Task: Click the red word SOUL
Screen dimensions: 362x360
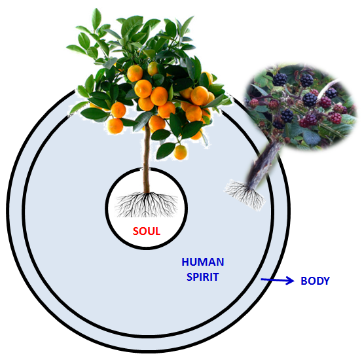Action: (147, 231)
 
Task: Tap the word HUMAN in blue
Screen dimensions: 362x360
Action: (203, 262)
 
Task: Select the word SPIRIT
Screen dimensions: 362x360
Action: (203, 277)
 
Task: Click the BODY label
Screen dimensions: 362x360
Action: (315, 281)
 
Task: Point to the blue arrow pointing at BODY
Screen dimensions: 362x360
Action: (278, 280)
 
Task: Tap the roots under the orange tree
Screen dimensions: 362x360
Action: (147, 205)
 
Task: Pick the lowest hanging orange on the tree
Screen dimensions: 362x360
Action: (180, 152)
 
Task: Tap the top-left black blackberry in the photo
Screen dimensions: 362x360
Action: (280, 79)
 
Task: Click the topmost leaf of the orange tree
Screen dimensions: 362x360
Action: (96, 19)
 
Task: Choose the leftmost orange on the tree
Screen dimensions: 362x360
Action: (115, 126)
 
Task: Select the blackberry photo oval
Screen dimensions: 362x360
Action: (300, 107)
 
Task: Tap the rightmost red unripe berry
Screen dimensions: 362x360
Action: (336, 118)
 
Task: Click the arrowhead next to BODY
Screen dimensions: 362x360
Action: (290, 281)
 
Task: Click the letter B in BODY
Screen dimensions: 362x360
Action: (304, 281)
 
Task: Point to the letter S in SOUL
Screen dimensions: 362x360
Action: (136, 231)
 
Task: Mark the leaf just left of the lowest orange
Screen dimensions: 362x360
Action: (166, 151)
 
